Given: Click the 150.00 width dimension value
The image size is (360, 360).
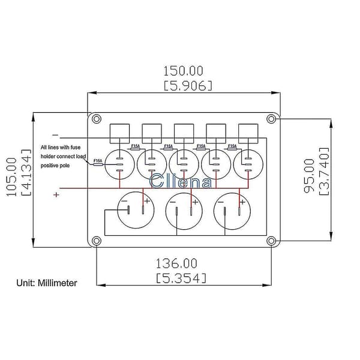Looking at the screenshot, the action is pyautogui.click(x=183, y=71).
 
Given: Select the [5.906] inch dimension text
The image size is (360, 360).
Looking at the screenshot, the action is pyautogui.click(x=188, y=86).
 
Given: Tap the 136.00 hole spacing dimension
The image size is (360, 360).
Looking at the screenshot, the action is pyautogui.click(x=176, y=263).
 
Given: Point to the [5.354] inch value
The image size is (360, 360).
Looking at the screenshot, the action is pyautogui.click(x=181, y=278).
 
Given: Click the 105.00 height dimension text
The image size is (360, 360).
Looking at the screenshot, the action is pyautogui.click(x=11, y=177).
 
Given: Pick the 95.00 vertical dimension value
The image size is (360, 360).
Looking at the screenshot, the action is pyautogui.click(x=309, y=176).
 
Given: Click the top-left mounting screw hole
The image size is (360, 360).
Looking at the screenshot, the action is pyautogui.click(x=97, y=119).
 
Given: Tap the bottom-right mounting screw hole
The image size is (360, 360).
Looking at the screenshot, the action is pyautogui.click(x=271, y=241).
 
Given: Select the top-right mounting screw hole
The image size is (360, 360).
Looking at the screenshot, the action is pyautogui.click(x=271, y=119).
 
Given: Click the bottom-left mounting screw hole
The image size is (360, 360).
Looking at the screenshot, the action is pyautogui.click(x=97, y=241).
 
